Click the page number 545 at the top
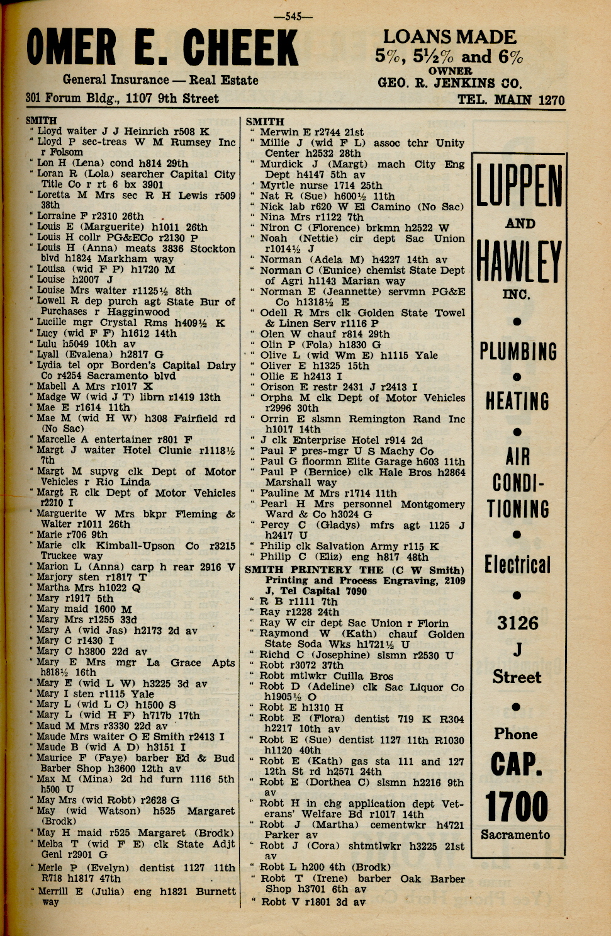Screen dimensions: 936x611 point(293,17)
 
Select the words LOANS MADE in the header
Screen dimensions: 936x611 point(449,37)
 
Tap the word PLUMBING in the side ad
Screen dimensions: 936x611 point(518,351)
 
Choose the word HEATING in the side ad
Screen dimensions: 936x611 point(517,401)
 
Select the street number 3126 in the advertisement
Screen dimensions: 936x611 point(517,623)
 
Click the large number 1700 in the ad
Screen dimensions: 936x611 point(517,806)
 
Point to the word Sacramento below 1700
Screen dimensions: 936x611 point(515,835)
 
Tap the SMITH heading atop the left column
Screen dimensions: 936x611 point(41,120)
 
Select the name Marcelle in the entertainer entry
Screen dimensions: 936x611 point(59,439)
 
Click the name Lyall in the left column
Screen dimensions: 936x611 point(51,354)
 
